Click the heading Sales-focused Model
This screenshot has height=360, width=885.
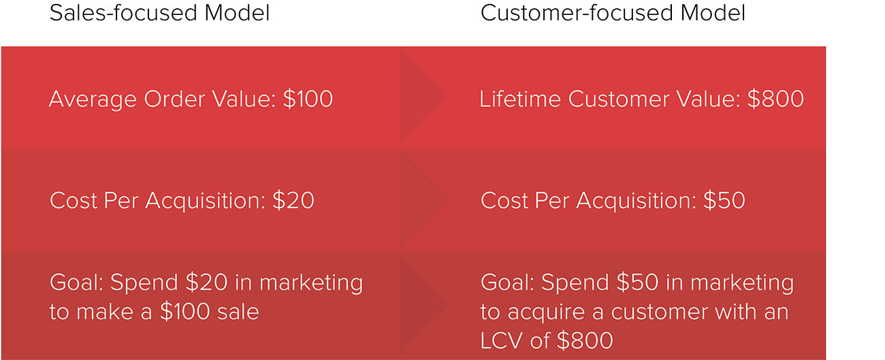click(x=159, y=14)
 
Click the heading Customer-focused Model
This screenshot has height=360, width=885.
click(x=613, y=14)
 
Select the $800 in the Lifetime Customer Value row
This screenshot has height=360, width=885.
click(x=775, y=99)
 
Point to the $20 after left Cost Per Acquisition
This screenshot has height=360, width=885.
click(x=293, y=201)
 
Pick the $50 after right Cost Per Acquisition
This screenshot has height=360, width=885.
click(x=724, y=201)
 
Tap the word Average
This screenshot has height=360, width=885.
click(x=93, y=99)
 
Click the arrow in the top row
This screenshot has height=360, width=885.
click(x=423, y=97)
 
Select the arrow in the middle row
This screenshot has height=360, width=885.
click(x=423, y=199)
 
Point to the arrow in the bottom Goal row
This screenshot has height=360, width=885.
click(x=423, y=304)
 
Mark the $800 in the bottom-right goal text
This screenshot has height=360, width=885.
click(x=585, y=340)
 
